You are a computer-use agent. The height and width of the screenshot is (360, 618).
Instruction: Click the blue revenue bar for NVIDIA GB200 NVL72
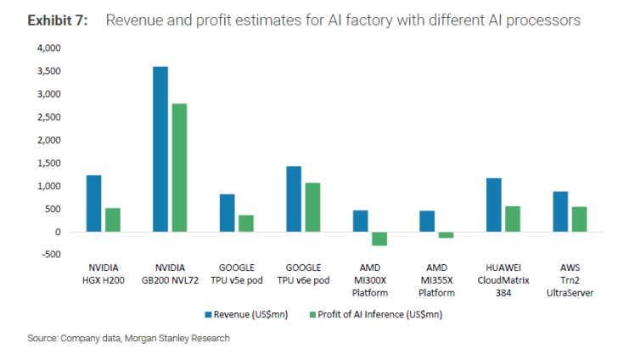(160, 149)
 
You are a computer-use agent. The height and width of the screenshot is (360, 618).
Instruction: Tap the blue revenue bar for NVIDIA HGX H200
(93, 203)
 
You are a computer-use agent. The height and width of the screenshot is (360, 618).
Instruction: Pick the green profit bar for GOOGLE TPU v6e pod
(312, 207)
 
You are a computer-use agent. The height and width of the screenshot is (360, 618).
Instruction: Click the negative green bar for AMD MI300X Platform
(379, 239)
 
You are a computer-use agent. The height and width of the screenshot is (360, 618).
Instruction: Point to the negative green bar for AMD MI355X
(446, 235)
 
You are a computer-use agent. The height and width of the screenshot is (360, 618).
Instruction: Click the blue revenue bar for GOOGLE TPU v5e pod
(227, 212)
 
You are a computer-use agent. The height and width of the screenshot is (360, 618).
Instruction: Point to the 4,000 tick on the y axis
(49, 48)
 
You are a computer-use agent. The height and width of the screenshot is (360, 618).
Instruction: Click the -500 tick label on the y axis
(52, 255)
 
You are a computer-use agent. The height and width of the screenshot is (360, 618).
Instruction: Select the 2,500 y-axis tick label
(49, 117)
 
